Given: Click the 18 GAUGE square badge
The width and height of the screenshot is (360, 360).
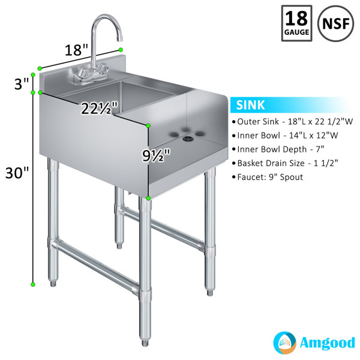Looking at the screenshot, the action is click(296, 23).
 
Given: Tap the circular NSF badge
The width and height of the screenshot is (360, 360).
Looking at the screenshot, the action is click(335, 23).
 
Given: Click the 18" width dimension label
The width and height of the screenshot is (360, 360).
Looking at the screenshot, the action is click(76, 50).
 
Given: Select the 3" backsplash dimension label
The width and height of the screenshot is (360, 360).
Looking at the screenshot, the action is click(22, 83).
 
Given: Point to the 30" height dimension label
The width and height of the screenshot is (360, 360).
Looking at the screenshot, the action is click(17, 173).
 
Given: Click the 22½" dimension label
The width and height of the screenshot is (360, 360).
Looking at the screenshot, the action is click(100, 109).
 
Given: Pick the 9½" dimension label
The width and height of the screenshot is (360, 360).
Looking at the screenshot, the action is click(156, 155).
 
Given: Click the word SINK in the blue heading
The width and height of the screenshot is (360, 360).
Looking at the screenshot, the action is click(250, 105).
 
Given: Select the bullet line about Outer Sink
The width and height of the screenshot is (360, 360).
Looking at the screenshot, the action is click(292, 122).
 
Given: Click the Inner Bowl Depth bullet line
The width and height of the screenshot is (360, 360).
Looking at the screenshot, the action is click(278, 149).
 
